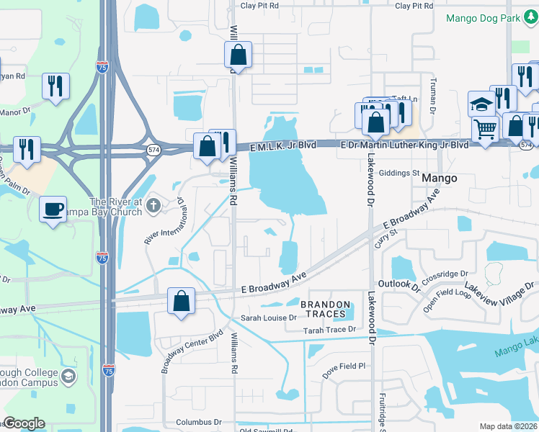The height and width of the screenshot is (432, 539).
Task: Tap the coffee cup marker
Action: pos(53,208)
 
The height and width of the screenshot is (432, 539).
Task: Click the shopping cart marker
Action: pos(485,130)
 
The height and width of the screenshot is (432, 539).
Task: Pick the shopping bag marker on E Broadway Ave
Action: pos(182,300)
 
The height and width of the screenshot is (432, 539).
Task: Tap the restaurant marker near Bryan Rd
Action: pos(55,86)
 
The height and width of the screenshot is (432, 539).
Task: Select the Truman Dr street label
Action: pos(433,96)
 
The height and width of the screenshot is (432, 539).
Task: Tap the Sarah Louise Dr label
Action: pos(269,318)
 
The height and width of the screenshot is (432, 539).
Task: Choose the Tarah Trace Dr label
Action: pos(329,330)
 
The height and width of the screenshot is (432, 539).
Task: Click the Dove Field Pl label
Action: pos(344,366)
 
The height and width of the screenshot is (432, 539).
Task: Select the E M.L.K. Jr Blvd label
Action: pos(283,145)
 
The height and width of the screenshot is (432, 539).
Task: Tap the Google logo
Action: pos(24,423)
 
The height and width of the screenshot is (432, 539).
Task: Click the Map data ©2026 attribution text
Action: pos(509,426)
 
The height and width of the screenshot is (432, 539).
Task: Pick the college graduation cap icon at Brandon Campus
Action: pos(68,375)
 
